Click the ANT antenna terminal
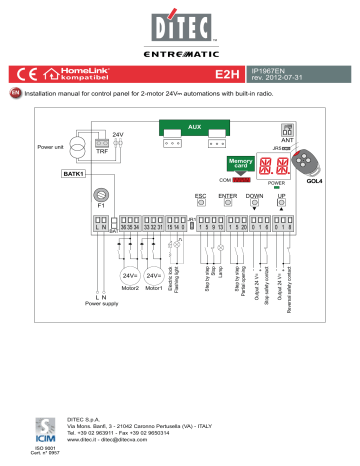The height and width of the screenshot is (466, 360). coord(287,130)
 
